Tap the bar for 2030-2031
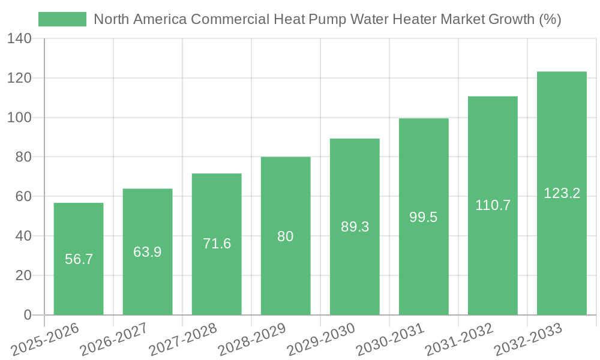click(x=424, y=264)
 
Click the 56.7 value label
click(x=79, y=259)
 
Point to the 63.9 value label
click(x=148, y=252)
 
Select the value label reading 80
click(x=286, y=236)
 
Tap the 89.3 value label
click(x=355, y=227)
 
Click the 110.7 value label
click(x=493, y=205)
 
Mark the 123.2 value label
click(x=562, y=193)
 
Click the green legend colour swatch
click(x=62, y=19)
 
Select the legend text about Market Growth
click(x=328, y=19)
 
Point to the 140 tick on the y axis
click(x=20, y=39)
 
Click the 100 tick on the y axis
click(x=20, y=118)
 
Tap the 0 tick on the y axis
click(x=27, y=315)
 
